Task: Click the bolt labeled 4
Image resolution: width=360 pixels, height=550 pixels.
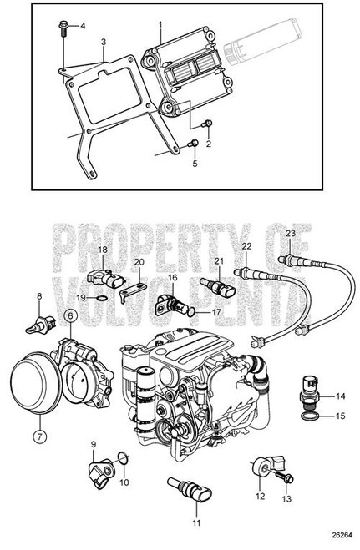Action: tap(63, 28)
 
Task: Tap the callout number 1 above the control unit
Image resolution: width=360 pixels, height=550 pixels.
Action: tap(160, 25)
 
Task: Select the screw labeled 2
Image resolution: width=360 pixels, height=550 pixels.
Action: tap(206, 124)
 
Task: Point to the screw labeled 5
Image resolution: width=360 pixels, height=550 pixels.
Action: tap(193, 144)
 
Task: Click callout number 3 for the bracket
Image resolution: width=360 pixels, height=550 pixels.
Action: tap(104, 42)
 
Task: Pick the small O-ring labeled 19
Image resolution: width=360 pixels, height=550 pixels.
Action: tap(101, 299)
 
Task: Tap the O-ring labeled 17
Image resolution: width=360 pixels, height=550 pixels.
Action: tap(190, 312)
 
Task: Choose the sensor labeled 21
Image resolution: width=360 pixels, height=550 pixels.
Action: tap(217, 286)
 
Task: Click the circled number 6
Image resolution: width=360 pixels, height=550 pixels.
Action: tap(70, 315)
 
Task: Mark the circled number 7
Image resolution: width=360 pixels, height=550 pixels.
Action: tap(39, 436)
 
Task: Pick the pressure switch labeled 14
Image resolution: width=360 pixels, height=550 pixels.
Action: tap(310, 392)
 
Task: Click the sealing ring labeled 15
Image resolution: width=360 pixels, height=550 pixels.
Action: tap(311, 416)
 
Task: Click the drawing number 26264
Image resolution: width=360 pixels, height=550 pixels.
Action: tap(342, 535)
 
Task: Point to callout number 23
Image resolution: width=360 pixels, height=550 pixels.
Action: tap(290, 234)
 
